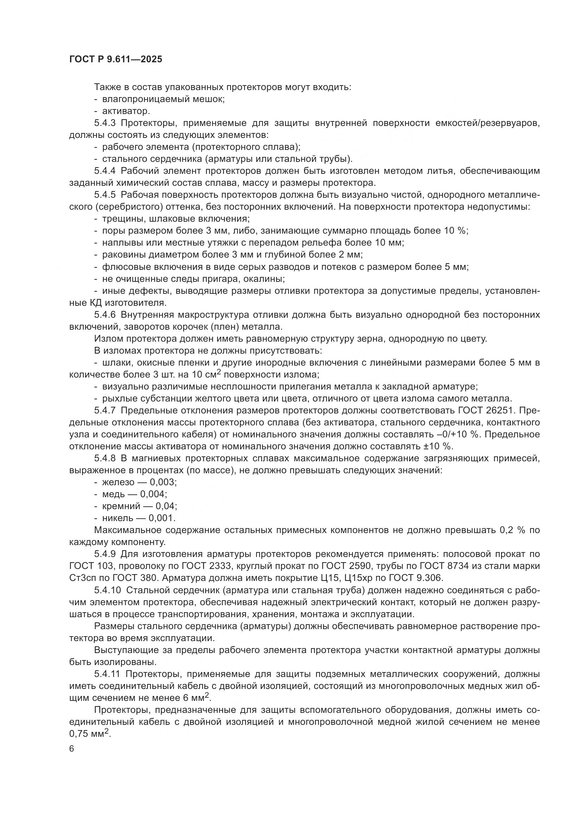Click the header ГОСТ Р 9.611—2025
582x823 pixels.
[x=115, y=59]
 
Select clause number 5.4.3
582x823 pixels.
[x=105, y=123]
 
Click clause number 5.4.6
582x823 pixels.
[x=105, y=315]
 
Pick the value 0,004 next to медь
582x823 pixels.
[x=153, y=494]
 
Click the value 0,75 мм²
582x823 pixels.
[x=90, y=734]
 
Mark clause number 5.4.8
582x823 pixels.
[x=105, y=458]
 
